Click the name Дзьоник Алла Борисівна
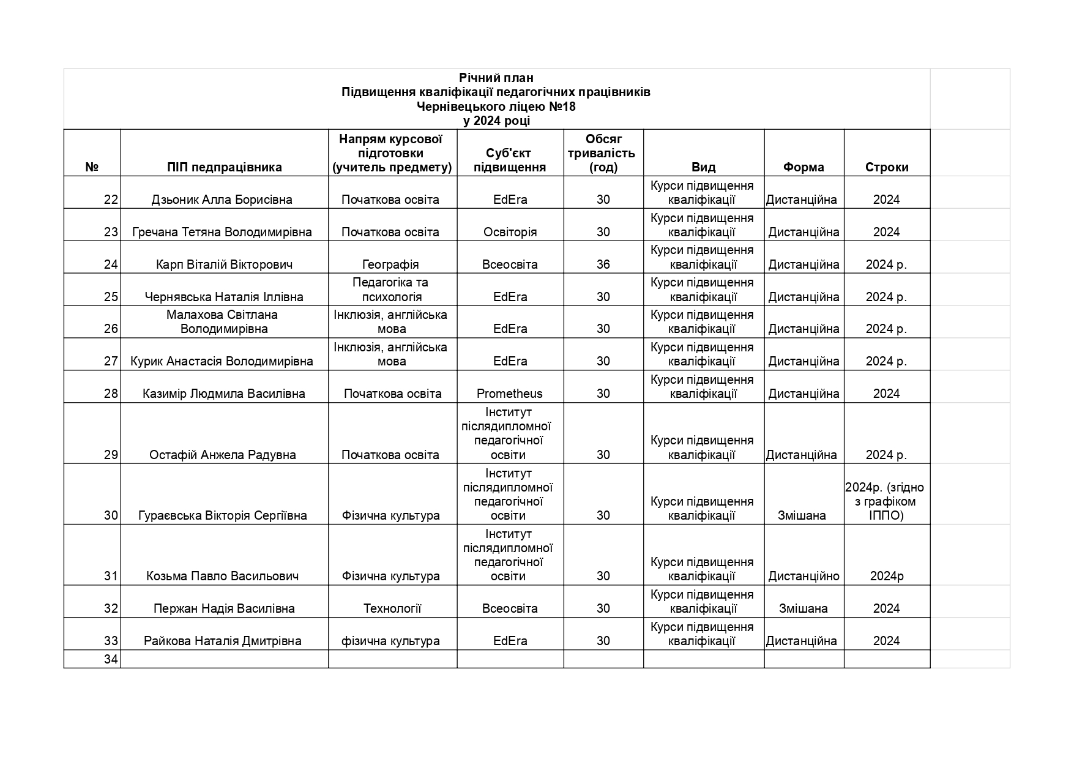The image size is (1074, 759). (222, 200)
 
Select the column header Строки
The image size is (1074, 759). (886, 167)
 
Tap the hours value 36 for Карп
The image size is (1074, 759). (603, 264)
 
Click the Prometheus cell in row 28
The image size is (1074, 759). (509, 394)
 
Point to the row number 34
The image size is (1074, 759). (110, 659)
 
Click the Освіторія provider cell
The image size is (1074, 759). (510, 232)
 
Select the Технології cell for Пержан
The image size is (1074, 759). (392, 608)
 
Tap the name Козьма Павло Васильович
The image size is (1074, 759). (222, 576)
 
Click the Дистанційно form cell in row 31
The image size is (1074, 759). (804, 576)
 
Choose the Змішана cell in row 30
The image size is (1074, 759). (802, 515)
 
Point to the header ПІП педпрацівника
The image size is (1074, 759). (224, 167)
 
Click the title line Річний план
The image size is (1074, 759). (496, 78)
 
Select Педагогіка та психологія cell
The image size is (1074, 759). (390, 290)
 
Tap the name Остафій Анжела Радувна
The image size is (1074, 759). (222, 455)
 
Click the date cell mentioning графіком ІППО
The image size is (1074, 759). (886, 501)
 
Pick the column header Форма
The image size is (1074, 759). (803, 167)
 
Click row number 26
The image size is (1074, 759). (110, 329)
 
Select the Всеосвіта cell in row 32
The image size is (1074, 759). (509, 608)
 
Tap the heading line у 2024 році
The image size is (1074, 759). (496, 121)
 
